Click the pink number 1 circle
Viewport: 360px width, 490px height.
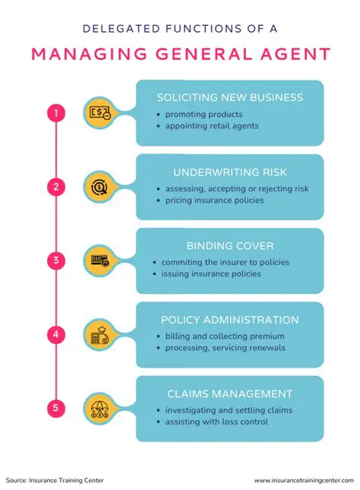click(x=55, y=113)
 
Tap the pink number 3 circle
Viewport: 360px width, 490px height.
click(x=55, y=261)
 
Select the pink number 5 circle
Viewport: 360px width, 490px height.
click(x=55, y=408)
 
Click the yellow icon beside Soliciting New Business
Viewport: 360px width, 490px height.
click(x=100, y=113)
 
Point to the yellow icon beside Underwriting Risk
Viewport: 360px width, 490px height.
click(x=100, y=187)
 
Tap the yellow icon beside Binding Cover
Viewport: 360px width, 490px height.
click(x=100, y=261)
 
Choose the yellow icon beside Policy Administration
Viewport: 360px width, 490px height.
click(x=100, y=334)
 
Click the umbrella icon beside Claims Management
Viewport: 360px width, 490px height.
click(x=100, y=408)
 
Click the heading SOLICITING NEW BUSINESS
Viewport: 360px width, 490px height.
click(x=229, y=97)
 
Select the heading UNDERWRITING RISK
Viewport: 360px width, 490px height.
click(x=229, y=172)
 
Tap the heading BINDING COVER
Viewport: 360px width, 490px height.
click(x=229, y=245)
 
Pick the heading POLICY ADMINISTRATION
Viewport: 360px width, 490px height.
click(x=229, y=319)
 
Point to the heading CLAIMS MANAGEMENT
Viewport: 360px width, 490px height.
click(x=229, y=394)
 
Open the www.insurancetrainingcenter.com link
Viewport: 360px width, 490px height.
click(x=304, y=480)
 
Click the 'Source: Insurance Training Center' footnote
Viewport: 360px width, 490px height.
click(x=55, y=480)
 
